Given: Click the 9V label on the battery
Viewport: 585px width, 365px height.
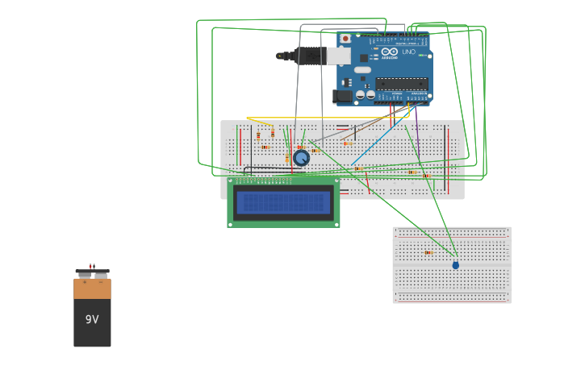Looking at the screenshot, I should [92, 320].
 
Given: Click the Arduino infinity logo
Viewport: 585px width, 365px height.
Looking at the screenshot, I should [390, 52].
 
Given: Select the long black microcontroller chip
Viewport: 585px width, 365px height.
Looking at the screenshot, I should [401, 83].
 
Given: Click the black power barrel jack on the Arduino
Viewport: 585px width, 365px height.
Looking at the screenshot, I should [342, 97].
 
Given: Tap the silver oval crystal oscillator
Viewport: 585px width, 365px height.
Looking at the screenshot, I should [362, 70].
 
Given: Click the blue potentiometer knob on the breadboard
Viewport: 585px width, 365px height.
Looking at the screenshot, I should [301, 158].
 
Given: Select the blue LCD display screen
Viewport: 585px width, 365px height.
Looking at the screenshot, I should [283, 202].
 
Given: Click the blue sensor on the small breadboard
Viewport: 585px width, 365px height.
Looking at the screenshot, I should [455, 265].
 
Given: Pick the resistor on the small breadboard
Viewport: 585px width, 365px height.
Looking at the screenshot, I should [428, 252].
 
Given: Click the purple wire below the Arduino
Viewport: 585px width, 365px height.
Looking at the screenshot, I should [417, 121].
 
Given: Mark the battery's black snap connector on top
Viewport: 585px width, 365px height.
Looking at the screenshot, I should [92, 272].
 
